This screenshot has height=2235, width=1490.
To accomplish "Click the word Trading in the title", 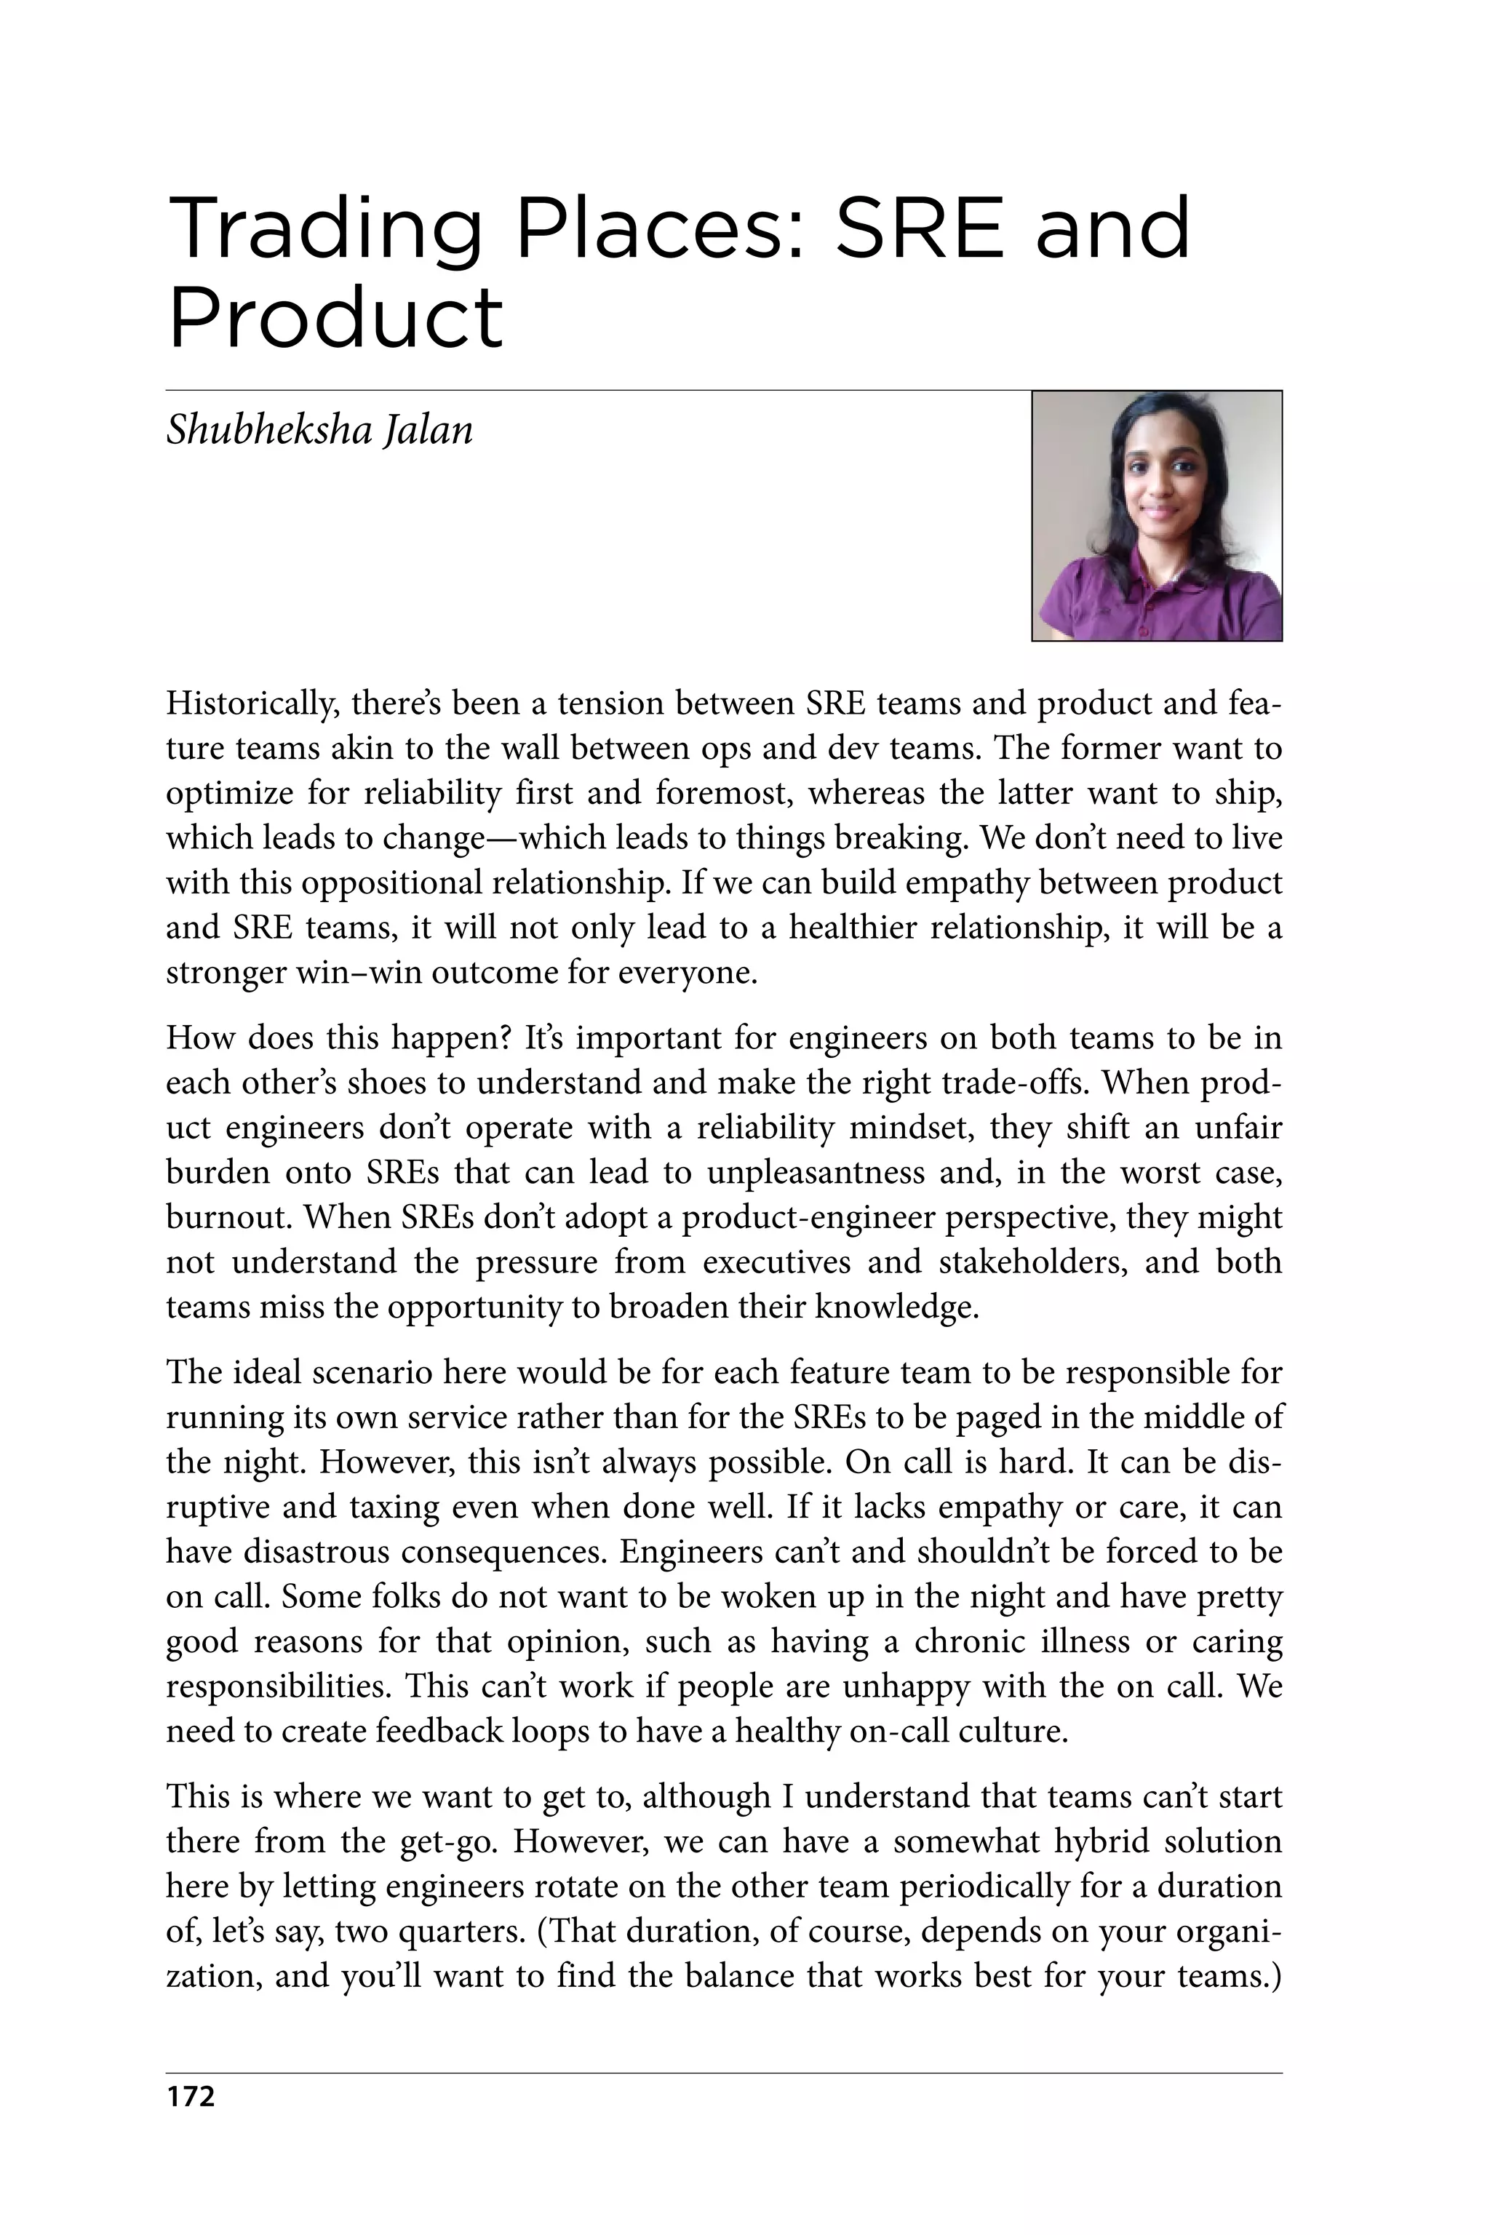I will (323, 230).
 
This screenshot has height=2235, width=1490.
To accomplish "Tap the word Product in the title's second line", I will (335, 319).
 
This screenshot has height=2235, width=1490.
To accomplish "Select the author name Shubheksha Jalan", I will (319, 429).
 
